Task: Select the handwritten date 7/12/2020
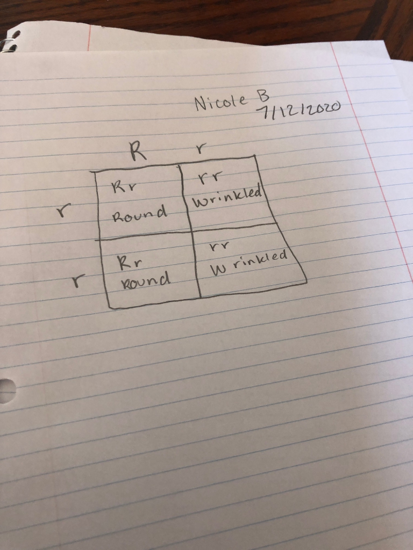[299, 111]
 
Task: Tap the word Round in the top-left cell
[138, 215]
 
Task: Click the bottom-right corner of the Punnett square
[307, 280]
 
